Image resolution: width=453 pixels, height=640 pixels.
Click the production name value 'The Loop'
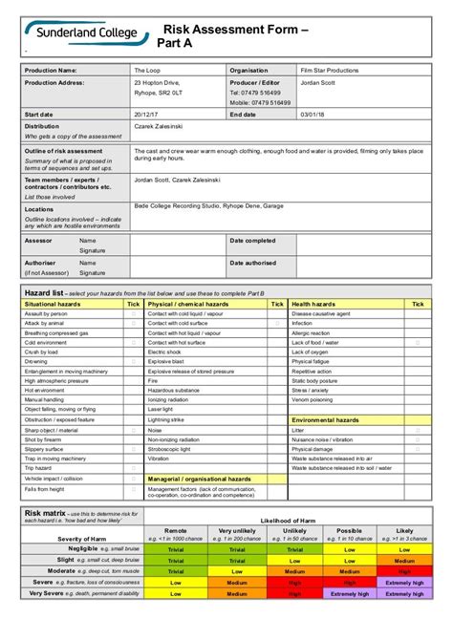pyautogui.click(x=147, y=71)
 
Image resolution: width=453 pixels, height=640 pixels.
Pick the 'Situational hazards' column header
pyautogui.click(x=54, y=303)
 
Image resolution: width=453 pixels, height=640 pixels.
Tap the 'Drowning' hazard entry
pyautogui.click(x=35, y=362)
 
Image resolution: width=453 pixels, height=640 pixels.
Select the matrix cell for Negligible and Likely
pyautogui.click(x=404, y=549)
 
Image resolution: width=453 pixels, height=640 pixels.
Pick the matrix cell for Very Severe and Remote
pyautogui.click(x=176, y=592)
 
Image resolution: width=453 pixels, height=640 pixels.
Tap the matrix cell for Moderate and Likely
pyautogui.click(x=404, y=571)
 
